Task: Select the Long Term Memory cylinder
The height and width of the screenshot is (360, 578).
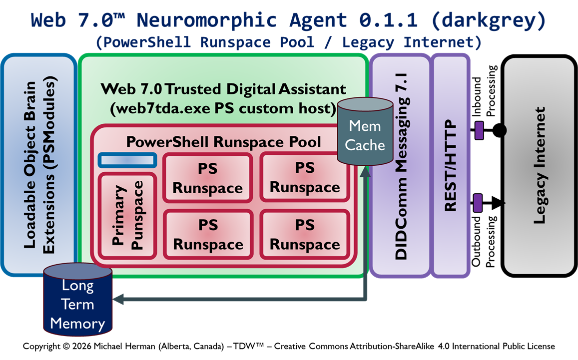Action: [x=77, y=303]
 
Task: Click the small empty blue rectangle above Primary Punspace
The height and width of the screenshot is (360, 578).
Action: [x=127, y=160]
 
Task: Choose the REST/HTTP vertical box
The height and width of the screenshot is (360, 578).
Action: [x=451, y=165]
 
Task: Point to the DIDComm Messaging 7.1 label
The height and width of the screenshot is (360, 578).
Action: [x=400, y=165]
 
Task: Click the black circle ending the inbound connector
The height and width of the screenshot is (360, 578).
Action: [x=499, y=131]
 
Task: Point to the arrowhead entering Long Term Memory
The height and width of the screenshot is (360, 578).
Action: [x=118, y=299]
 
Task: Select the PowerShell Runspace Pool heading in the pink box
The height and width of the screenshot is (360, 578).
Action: [x=223, y=141]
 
